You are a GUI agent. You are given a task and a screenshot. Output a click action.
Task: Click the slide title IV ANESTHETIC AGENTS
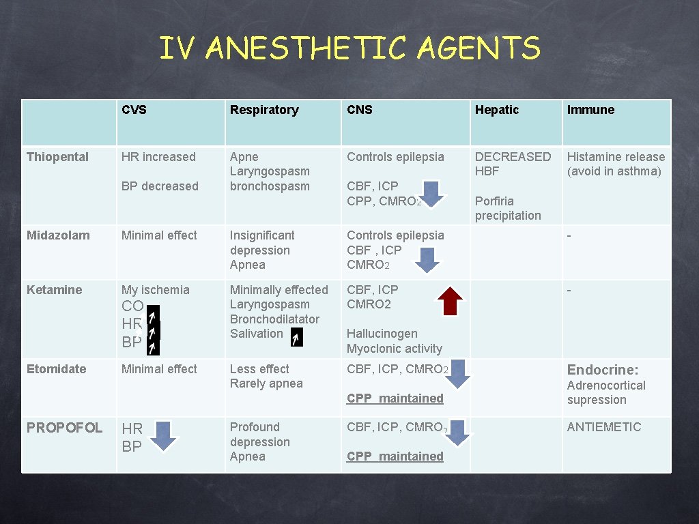pos(349,49)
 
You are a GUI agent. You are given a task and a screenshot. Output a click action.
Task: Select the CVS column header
pos(134,110)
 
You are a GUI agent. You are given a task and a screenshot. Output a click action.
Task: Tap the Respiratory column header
pos(264,110)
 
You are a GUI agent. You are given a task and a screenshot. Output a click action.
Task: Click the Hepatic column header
pos(497,110)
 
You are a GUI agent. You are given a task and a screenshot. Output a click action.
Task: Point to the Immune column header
pos(590,110)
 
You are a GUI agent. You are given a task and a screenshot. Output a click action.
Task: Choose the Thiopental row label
pos(57,157)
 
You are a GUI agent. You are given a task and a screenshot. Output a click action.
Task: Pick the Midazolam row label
pos(58,235)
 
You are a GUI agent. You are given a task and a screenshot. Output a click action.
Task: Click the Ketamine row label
pos(54,290)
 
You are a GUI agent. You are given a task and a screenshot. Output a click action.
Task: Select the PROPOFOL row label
pos(64,428)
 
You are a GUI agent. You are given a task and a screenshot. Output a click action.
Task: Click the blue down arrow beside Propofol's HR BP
pos(162,437)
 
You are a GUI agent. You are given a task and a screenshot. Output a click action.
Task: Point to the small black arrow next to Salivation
pos(295,337)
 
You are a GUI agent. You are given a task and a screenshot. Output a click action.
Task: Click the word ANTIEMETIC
pos(604,427)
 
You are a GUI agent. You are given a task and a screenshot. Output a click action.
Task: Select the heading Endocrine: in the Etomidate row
pos(603,370)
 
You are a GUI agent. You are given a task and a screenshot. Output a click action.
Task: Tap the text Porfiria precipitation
pos(508,208)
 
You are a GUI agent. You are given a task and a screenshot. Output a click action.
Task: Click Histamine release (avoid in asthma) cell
pos(616,164)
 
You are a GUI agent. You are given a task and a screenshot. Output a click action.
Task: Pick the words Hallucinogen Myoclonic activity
pos(394,341)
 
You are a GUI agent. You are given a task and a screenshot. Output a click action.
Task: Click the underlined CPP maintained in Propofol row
pos(395,456)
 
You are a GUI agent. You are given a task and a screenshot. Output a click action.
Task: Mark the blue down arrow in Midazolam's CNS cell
pos(427,260)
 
